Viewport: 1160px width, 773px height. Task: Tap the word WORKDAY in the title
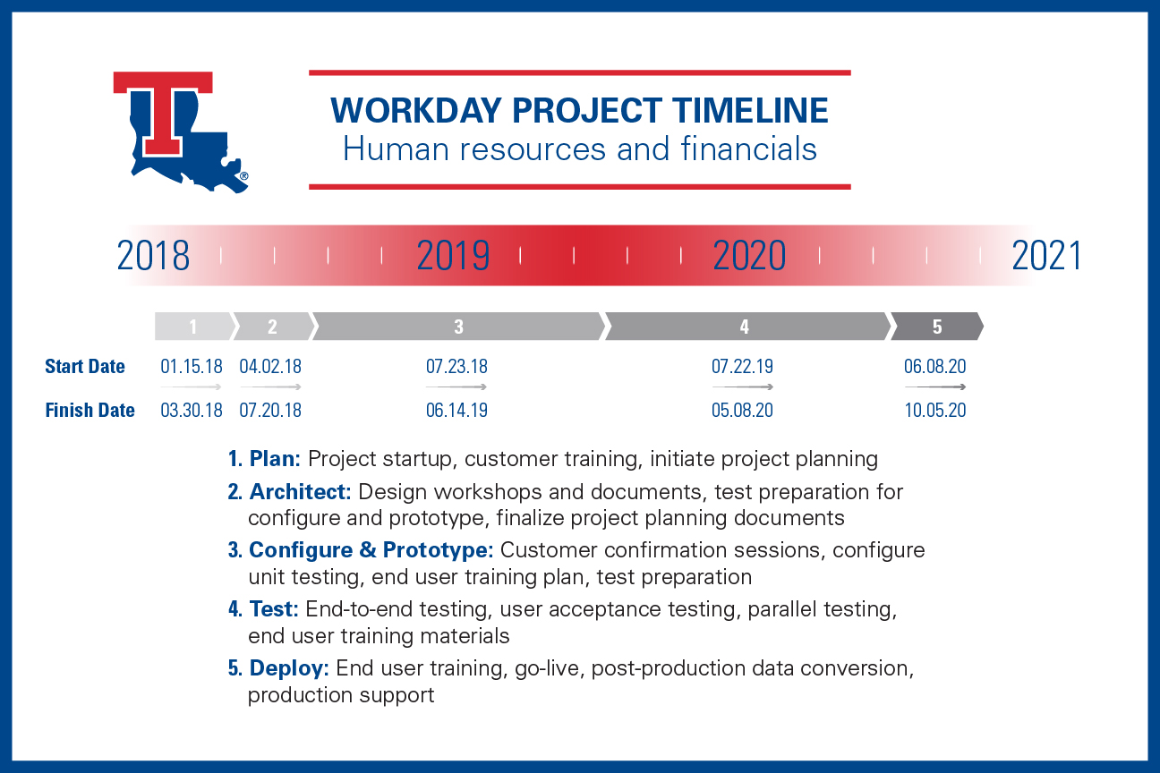tap(416, 110)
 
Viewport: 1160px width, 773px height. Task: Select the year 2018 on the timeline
tap(153, 255)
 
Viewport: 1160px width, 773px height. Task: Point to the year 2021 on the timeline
tap(1046, 255)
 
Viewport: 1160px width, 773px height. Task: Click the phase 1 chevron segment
tap(194, 327)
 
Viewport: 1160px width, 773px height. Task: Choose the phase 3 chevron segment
tap(459, 327)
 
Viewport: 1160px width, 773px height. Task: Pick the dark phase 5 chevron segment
tap(937, 327)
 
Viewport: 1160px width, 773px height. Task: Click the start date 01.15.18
tap(191, 367)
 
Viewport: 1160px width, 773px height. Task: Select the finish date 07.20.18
tap(270, 410)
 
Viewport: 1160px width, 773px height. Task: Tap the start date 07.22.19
tap(742, 367)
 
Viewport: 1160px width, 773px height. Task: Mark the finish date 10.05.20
tap(935, 410)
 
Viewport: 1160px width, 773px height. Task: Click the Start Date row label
tap(85, 367)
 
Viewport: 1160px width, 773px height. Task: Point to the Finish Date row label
tap(90, 410)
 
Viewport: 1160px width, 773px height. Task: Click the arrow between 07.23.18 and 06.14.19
tap(456, 386)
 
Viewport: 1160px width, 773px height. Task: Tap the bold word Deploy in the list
tap(289, 668)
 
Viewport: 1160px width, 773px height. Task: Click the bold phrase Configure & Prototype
tap(371, 550)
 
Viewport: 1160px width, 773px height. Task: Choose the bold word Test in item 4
tap(274, 609)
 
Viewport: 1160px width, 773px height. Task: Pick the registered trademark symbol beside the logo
tap(244, 176)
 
